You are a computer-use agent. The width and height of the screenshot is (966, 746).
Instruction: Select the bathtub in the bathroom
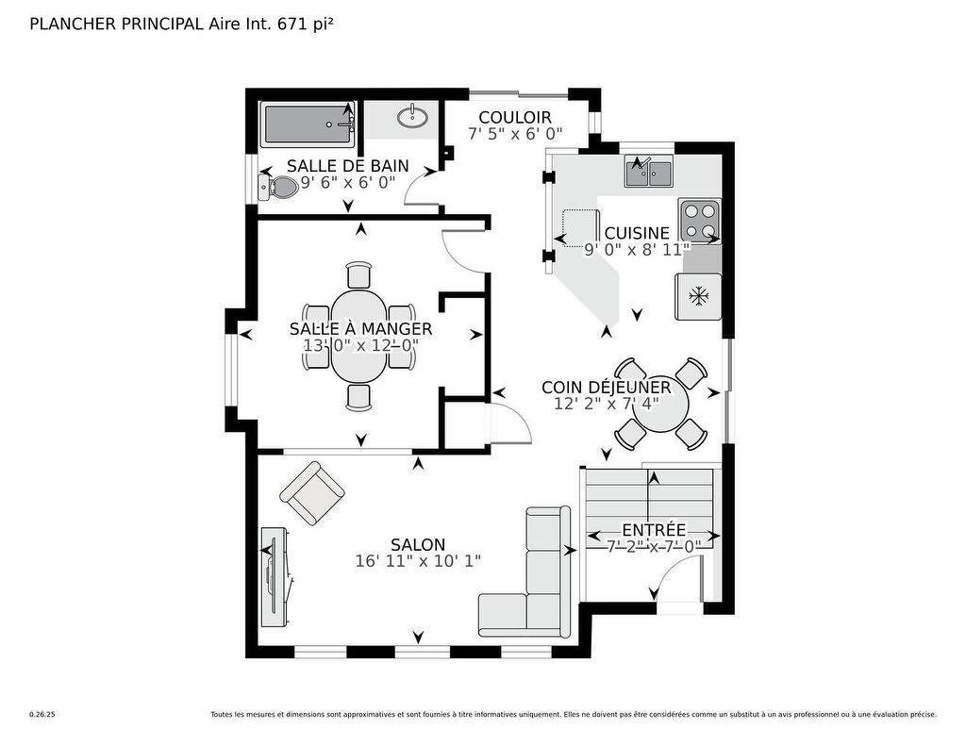tap(308, 125)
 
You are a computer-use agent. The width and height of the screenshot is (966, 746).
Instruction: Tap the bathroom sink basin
tap(410, 117)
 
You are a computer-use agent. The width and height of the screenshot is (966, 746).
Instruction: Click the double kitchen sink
tap(648, 174)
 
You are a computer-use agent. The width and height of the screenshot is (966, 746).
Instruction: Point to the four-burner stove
tap(699, 221)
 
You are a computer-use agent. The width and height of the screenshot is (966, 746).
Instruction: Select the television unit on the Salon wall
tap(276, 574)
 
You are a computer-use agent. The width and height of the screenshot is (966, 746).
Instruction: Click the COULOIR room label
tap(514, 118)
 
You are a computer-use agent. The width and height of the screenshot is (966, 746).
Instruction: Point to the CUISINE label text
tap(637, 233)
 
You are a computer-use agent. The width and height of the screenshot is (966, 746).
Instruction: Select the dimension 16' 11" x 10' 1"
tap(418, 560)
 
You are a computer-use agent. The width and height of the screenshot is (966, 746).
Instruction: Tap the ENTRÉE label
tap(653, 530)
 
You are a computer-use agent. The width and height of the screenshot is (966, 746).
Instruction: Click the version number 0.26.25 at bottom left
tap(42, 715)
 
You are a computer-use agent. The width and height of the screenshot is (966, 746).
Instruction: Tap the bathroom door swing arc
tap(420, 191)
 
